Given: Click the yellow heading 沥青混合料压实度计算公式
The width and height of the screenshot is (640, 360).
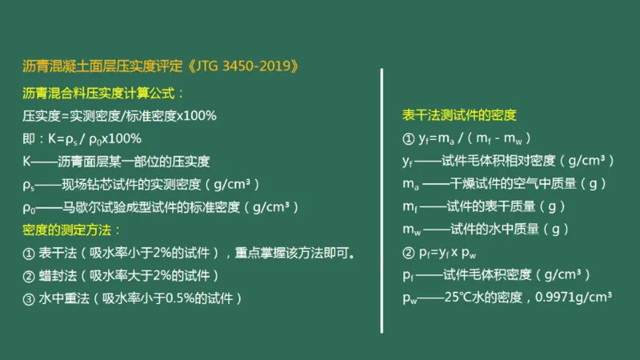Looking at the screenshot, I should [104, 93].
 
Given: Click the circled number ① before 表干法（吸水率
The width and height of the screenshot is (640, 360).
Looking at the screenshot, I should [29, 254].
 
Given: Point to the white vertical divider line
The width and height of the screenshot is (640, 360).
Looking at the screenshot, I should [382, 200].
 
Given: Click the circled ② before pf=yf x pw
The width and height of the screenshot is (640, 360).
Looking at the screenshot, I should [408, 253].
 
